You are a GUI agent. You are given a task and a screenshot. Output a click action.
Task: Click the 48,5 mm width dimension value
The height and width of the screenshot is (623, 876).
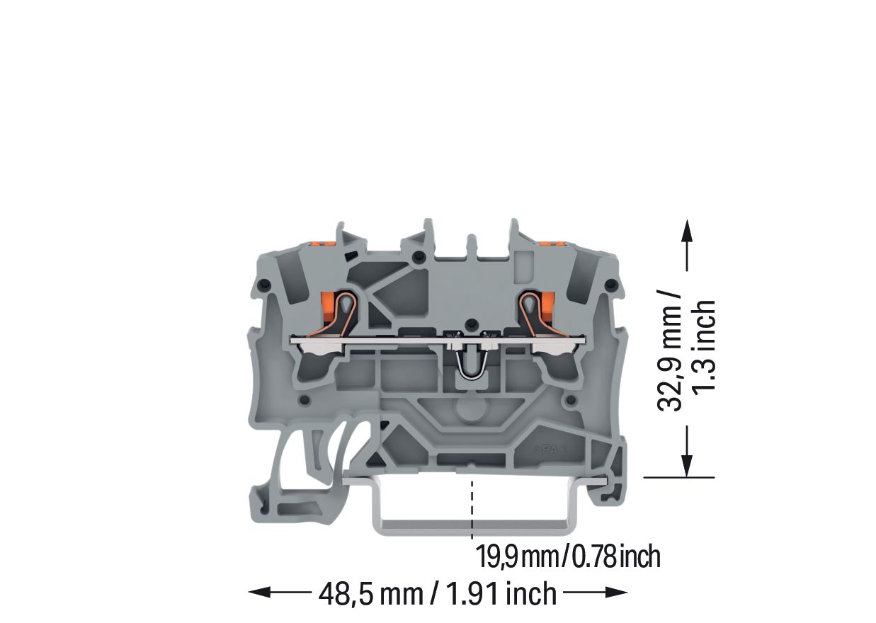pos(371,594)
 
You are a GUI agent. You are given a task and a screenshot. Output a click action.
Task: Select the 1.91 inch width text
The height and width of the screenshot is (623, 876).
pos(501,593)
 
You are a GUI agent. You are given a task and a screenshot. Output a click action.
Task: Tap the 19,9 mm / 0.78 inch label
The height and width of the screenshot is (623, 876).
pos(568,556)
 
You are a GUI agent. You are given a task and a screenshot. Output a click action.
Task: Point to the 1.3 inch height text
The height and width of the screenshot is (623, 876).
pos(703,346)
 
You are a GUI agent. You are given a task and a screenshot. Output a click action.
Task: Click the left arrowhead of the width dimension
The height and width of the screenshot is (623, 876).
pos(260,592)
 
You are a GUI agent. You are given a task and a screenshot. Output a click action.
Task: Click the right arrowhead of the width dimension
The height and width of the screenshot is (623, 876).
pos(616,592)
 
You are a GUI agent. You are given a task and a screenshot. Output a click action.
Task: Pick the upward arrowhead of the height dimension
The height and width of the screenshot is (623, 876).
pos(687,231)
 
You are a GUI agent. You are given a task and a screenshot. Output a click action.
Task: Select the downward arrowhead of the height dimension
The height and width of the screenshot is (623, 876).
pos(687,466)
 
